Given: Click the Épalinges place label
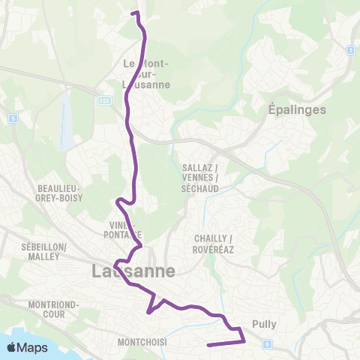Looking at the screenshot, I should pos(298,109).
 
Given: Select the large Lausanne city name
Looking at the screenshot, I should pos(133,271).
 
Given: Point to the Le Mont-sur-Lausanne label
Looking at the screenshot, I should pos(146,74).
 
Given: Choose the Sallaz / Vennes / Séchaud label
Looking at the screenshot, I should pos(200,176).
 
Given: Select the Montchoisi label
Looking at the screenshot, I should pos(142,342).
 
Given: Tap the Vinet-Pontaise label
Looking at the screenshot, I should pos(121,229).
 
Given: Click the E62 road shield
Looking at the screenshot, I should pos(104,100).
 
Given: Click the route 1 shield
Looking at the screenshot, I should pos(349,50).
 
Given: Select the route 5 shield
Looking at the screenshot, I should pos(13,118).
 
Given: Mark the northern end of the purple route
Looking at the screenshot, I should pos(133,13).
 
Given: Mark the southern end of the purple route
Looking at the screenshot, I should pos(208,345).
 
